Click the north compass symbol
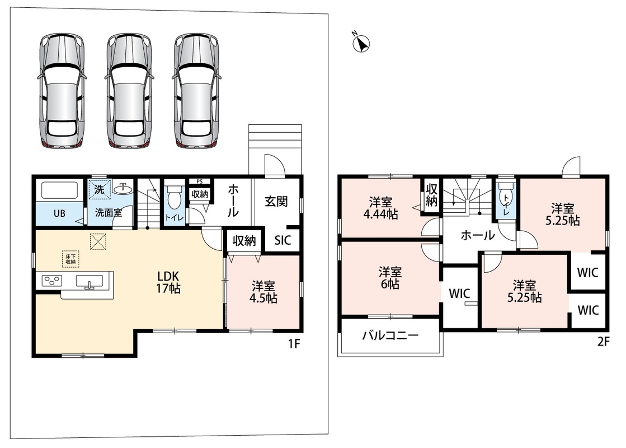point(361,43)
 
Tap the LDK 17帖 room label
point(168,282)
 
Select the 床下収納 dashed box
point(70,259)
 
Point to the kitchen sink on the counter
point(89,281)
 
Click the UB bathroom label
point(59,213)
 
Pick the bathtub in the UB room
point(59,190)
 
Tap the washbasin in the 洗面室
point(123,188)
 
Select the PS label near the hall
point(200,181)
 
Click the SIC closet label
point(283,240)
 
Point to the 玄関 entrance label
point(276,201)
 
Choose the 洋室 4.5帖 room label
point(263,292)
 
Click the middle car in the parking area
point(129,91)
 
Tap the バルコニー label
point(390,335)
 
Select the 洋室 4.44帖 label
point(380,208)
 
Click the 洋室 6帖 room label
point(390,278)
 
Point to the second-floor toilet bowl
point(506,196)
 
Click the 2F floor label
point(603,342)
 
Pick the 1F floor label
point(294,344)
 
